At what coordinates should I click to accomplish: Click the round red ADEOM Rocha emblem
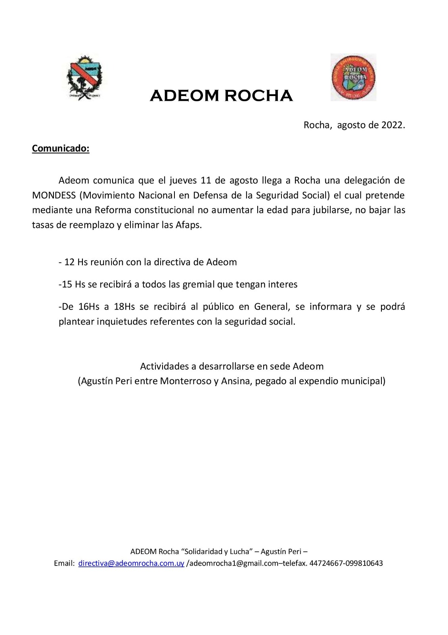click(x=353, y=77)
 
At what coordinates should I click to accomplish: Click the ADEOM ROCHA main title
click(x=221, y=96)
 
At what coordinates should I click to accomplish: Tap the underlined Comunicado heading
click(x=61, y=148)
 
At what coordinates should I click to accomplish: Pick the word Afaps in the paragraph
click(x=189, y=225)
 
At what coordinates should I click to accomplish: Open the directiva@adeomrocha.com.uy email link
click(x=131, y=563)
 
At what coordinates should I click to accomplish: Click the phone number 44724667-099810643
click(x=346, y=563)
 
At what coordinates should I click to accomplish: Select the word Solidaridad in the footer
click(x=202, y=551)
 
